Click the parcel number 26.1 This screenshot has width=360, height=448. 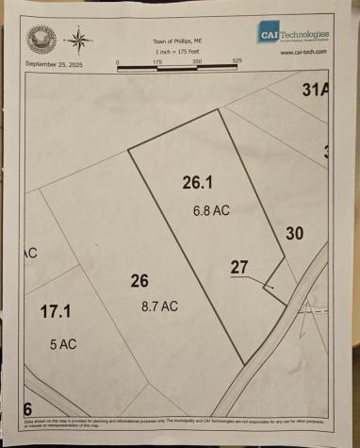(x=200, y=183)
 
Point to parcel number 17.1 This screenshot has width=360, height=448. (x=56, y=311)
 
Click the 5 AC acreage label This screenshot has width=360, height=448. (x=63, y=344)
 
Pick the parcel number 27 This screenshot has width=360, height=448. (x=239, y=267)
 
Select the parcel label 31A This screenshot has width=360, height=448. (x=315, y=91)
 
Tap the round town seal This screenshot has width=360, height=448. (x=42, y=40)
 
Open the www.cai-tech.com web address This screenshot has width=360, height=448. (x=303, y=52)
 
